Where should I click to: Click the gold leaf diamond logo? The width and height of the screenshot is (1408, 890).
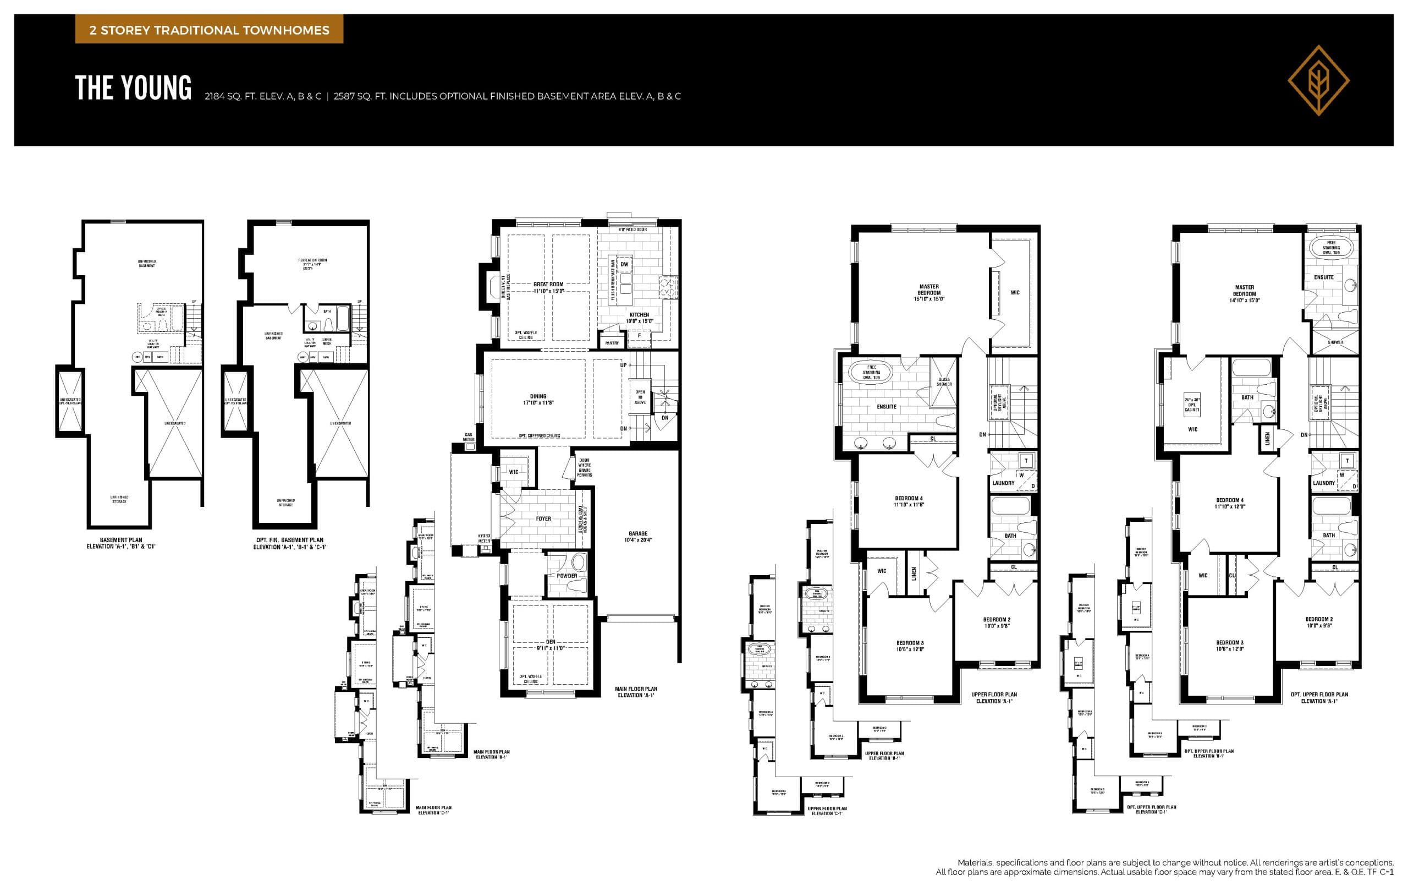point(1318,81)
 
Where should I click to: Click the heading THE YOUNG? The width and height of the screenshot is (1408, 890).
point(133,89)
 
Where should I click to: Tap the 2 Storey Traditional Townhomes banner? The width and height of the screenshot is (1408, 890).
point(209,30)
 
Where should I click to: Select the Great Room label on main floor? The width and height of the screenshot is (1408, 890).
point(548,287)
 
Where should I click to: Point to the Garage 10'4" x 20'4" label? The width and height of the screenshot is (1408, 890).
point(638,536)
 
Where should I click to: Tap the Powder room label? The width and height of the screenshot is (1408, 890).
point(566,576)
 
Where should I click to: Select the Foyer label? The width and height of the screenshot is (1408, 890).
point(543,518)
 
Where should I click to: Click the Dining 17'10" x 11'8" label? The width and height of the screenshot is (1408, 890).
point(538,399)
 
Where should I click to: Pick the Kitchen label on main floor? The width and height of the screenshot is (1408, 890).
point(639,318)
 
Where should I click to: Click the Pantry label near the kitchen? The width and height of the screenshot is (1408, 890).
point(612,343)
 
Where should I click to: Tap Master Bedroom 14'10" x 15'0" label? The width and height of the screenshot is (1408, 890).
point(1244,294)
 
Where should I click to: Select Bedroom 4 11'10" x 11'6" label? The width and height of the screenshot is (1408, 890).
point(909,501)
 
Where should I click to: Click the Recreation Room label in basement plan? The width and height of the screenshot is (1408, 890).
point(312,263)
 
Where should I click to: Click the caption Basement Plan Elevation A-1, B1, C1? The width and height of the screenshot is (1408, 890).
point(121,543)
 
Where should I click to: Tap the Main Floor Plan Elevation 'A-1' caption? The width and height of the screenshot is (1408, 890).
point(636,692)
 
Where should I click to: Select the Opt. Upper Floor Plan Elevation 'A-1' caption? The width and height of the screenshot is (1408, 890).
point(1319,697)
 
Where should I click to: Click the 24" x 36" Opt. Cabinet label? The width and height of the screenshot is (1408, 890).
point(1192,405)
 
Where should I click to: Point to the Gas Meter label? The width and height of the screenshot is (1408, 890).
point(469,437)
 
